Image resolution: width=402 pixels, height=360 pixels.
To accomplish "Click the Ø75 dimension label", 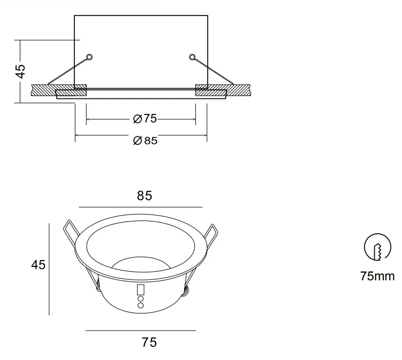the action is click(x=145, y=119).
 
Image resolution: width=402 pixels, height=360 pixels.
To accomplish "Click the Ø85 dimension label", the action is click(x=146, y=140).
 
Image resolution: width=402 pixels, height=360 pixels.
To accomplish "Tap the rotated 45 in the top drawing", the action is click(x=20, y=71).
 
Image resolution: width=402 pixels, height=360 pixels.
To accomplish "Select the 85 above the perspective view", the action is click(x=145, y=195).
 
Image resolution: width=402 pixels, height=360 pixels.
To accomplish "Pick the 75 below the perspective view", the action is click(x=149, y=342).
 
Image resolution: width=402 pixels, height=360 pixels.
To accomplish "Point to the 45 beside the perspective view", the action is click(x=38, y=264).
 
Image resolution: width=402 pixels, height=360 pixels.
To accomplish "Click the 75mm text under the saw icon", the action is click(x=377, y=276).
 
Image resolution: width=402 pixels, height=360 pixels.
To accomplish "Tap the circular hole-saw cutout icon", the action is click(x=377, y=247).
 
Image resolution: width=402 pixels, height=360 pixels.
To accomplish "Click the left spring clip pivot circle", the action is click(x=89, y=57).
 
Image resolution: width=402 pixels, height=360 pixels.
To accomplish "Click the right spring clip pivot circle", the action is click(x=192, y=57).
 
